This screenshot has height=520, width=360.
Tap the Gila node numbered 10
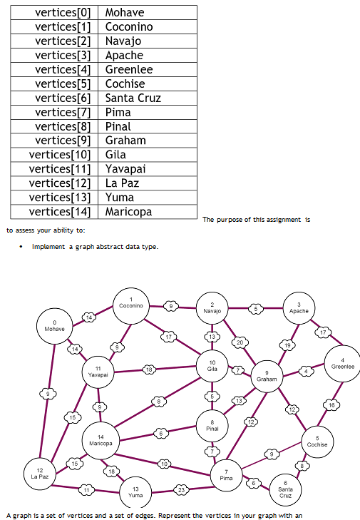click(x=212, y=366)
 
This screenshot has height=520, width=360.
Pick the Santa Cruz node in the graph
click(x=285, y=489)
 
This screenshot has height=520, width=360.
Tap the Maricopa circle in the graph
click(x=101, y=439)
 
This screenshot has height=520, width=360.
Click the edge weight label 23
click(x=182, y=490)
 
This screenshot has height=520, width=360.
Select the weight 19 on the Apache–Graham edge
click(x=288, y=345)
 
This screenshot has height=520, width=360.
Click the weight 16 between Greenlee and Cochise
click(x=331, y=404)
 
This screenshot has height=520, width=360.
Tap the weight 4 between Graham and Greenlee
click(x=306, y=371)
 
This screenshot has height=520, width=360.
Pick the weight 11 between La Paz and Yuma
click(x=86, y=489)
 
